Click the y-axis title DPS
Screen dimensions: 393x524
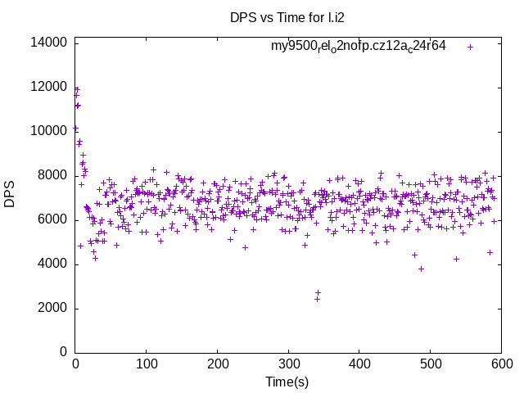click(x=10, y=194)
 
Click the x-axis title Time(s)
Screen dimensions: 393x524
click(x=287, y=382)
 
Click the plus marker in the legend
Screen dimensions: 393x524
click(x=470, y=47)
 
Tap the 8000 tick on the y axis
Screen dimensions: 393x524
click(x=54, y=175)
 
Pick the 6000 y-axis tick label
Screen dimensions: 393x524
click(x=54, y=219)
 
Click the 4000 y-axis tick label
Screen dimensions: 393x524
click(x=54, y=264)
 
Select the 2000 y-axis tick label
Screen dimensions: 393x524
click(x=54, y=308)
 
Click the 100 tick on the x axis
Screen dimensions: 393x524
click(x=147, y=364)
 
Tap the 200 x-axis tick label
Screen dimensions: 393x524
click(x=217, y=364)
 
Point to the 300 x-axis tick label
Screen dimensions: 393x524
click(x=288, y=364)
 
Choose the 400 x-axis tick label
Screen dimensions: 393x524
click(x=359, y=364)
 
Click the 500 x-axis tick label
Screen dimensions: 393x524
click(x=430, y=364)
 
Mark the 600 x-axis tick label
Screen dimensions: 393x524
click(x=500, y=364)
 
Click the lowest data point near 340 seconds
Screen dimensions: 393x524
click(x=317, y=299)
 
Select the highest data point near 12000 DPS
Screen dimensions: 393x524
click(x=77, y=89)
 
